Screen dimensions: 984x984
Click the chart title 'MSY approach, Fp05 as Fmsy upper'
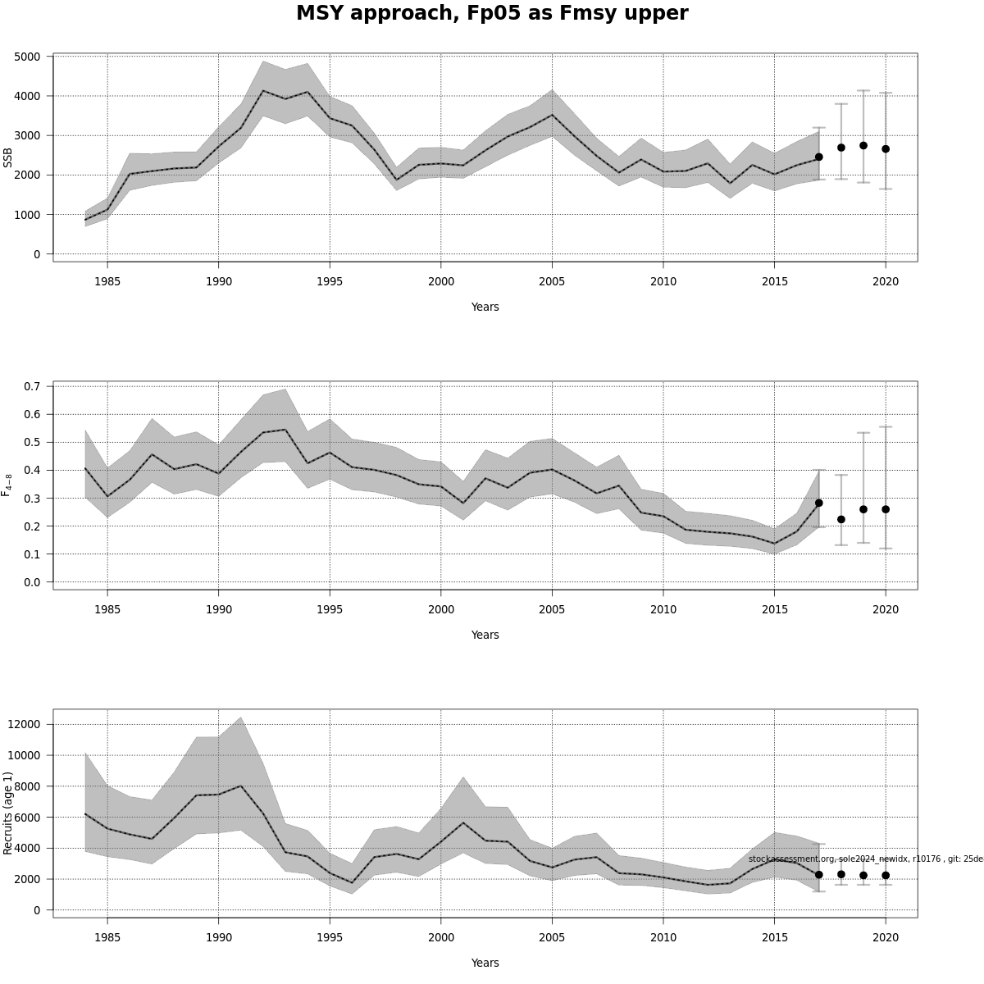point(492,14)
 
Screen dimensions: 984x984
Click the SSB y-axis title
point(8,157)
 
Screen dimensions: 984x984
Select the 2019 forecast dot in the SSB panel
point(863,146)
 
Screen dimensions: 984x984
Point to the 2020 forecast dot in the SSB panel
point(886,149)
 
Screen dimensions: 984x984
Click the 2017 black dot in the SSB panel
point(818,157)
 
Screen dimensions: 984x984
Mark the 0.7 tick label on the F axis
point(33,386)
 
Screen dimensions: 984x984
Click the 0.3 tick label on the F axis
point(33,499)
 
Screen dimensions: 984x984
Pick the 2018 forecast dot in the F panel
point(841,519)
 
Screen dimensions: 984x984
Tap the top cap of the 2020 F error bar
point(886,427)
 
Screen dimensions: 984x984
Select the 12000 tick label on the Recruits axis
point(23,724)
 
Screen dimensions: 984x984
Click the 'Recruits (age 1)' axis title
point(8,813)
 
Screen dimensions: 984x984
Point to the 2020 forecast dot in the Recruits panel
point(886,876)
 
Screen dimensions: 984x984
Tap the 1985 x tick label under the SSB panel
point(107,281)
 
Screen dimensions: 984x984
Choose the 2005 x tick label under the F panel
point(552,609)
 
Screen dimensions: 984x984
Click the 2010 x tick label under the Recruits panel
point(663,937)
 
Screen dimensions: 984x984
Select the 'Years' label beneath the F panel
point(485,635)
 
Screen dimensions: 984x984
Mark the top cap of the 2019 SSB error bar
point(863,91)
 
